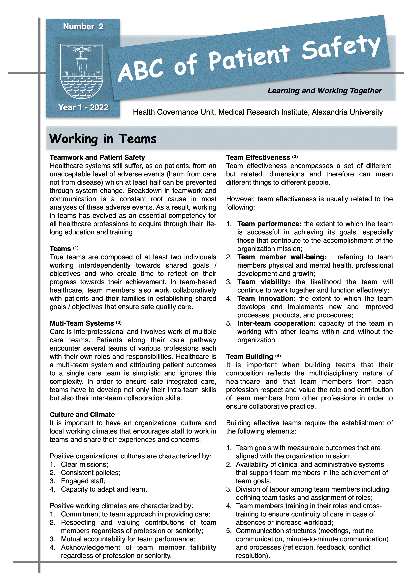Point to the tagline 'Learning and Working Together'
click(324, 91)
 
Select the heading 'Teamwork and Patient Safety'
click(97, 157)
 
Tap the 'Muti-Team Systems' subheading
click(82, 324)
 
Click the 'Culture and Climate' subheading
click(82, 415)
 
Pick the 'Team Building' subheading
click(250, 357)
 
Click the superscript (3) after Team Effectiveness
click(295, 157)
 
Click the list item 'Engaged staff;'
click(83, 481)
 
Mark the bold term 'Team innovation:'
click(266, 299)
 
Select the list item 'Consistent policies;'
click(91, 473)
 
